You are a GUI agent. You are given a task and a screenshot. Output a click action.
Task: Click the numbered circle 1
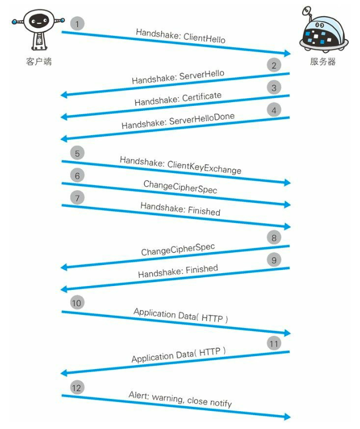click(x=77, y=24)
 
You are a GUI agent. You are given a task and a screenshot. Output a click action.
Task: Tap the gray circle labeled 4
click(x=274, y=110)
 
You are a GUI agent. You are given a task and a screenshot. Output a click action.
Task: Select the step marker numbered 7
click(x=77, y=197)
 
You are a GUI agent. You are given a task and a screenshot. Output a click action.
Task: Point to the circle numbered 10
click(x=77, y=303)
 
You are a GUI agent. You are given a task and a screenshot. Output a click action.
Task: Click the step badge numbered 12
click(x=77, y=387)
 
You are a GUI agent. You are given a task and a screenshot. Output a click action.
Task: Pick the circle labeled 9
click(x=274, y=260)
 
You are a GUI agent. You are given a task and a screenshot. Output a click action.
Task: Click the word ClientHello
click(x=204, y=38)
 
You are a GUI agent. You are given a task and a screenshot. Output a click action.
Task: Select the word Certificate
click(x=202, y=97)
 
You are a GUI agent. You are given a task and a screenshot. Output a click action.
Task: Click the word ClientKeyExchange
click(x=204, y=167)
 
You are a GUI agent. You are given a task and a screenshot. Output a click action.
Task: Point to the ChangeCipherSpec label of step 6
click(x=180, y=187)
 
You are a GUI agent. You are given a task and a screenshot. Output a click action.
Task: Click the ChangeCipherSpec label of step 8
click(x=178, y=249)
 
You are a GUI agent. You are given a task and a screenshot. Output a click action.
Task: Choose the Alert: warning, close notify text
click(x=180, y=399)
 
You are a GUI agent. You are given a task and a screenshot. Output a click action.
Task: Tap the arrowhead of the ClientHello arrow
click(x=287, y=53)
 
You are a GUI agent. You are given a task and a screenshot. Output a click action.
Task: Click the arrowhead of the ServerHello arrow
click(x=64, y=95)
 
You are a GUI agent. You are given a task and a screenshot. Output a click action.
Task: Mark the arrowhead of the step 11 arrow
click(x=64, y=373)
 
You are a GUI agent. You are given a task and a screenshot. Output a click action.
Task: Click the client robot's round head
click(x=39, y=21)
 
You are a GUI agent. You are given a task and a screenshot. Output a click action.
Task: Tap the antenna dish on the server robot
click(x=307, y=11)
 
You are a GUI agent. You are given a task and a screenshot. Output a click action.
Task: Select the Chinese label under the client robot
click(x=39, y=62)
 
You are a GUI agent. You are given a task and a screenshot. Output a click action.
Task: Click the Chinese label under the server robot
click(x=323, y=62)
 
